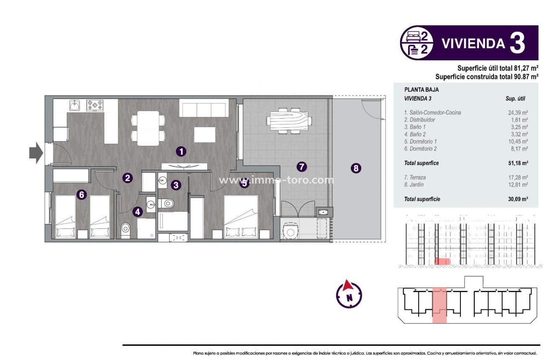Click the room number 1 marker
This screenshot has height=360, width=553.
coord(181,151)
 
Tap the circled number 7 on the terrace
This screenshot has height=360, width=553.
coord(301,167)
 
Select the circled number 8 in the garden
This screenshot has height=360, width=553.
coord(356,168)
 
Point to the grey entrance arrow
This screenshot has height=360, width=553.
coord(36,153)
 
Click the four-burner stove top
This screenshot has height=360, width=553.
coord(95,105)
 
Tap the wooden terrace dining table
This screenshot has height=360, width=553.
coord(289,120)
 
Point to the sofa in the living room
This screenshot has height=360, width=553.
coord(204,108)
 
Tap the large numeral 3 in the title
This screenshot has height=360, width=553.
coord(517,44)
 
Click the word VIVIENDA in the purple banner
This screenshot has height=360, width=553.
coord(473,44)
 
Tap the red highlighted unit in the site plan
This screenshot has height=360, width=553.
coord(439,306)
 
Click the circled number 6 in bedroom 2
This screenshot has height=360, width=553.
coord(82,194)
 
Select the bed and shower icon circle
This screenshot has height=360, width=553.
coord(417,43)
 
